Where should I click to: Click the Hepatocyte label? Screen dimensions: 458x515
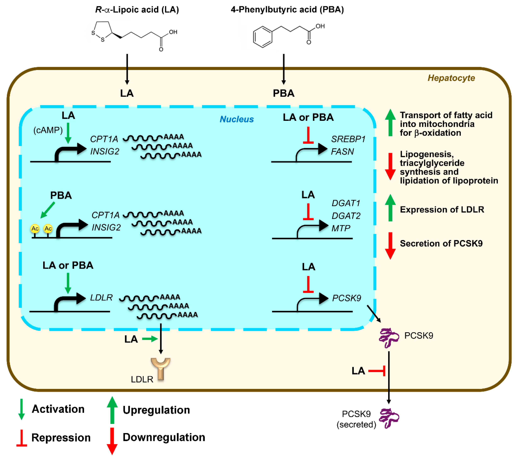pyautogui.click(x=451, y=78)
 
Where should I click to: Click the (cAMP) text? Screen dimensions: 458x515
pyautogui.click(x=48, y=130)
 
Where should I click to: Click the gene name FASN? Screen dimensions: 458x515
pyautogui.click(x=342, y=152)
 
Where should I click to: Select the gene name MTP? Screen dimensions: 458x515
pyautogui.click(x=341, y=228)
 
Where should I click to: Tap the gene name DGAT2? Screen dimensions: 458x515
pyautogui.click(x=346, y=216)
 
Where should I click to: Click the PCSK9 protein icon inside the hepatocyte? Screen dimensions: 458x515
pyautogui.click(x=389, y=338)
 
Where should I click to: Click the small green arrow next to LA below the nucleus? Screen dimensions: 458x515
pyautogui.click(x=150, y=339)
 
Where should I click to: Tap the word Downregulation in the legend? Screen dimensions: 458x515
pyautogui.click(x=164, y=437)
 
